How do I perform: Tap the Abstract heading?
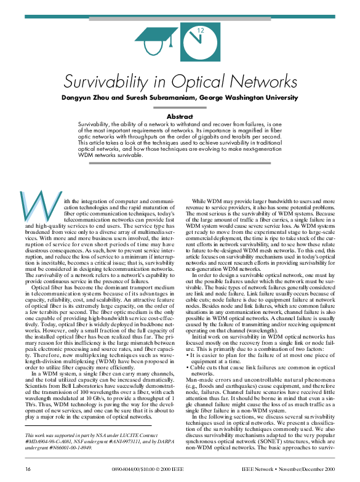(x=180, y=116)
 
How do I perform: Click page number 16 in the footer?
(x=28, y=469)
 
